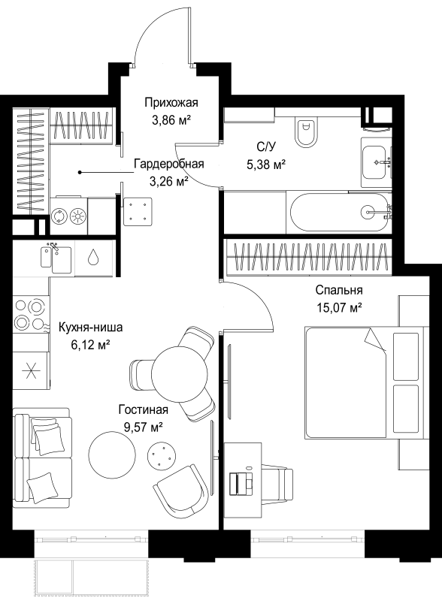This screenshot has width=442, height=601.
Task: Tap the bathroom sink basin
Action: coord(375,162)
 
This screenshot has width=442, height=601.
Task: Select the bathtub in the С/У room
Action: coord(340,212)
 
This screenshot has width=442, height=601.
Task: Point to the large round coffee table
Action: coord(112,455)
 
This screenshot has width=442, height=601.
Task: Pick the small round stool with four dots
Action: coord(160,455)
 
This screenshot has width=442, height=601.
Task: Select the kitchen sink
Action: coord(56,256)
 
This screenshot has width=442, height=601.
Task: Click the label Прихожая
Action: coord(171,103)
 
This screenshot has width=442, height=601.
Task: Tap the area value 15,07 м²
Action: coord(340,307)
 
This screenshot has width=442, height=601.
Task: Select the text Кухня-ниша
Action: coord(90,328)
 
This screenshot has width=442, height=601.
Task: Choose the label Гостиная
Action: coord(144,409)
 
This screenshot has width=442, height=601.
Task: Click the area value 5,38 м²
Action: coord(266,165)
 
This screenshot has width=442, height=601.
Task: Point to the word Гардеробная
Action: coord(169,164)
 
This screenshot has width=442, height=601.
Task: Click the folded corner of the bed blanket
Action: coord(375,340)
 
